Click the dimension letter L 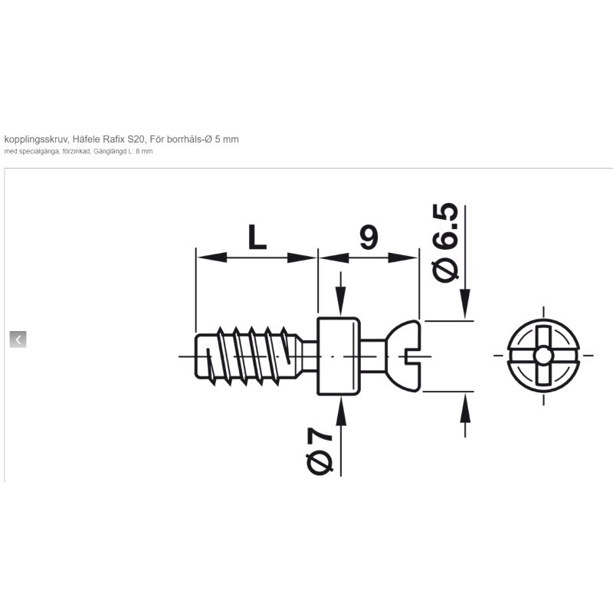coord(257,238)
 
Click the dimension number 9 coord(369,237)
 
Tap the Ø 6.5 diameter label coord(446,242)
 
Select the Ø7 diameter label coord(320,451)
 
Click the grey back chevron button coord(18,339)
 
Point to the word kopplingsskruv coord(37,139)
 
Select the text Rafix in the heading coord(111,139)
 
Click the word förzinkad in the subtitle coord(76,152)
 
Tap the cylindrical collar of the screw coord(339,356)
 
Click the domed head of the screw coord(404,356)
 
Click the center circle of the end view coord(543,356)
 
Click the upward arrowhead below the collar coord(341,410)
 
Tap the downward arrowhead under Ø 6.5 coord(465,303)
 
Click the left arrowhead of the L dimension coord(211,257)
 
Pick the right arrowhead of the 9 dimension coord(403,257)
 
